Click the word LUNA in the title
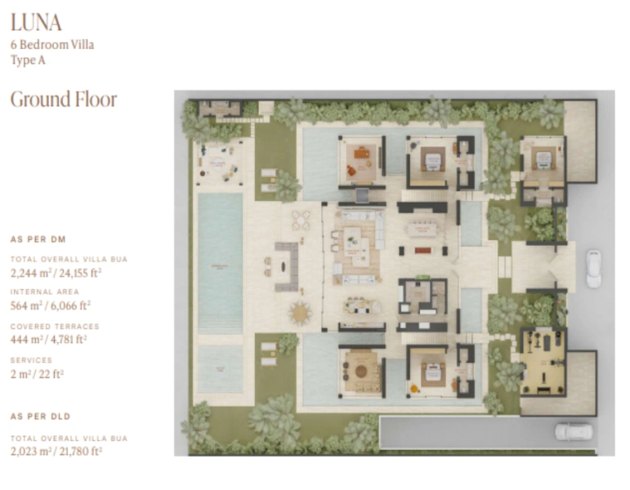click(x=36, y=22)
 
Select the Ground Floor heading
click(x=63, y=100)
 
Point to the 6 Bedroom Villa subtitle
click(x=51, y=45)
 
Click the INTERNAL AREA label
click(x=44, y=292)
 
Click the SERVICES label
click(x=31, y=360)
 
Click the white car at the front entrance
click(x=593, y=269)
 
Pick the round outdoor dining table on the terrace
click(x=302, y=312)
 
